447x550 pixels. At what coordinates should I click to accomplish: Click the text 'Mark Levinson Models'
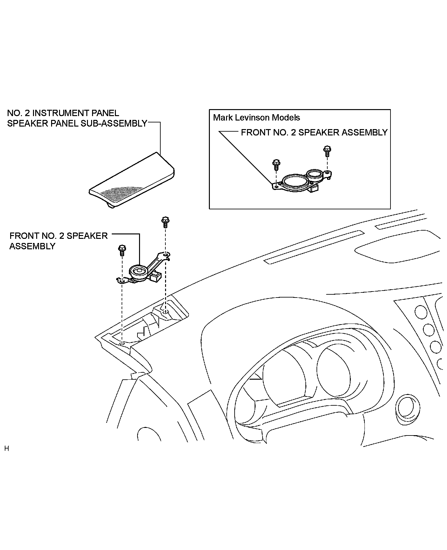257,118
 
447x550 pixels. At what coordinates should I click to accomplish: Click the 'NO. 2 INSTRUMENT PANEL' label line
63,113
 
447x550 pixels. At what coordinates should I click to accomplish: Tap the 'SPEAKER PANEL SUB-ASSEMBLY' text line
77,123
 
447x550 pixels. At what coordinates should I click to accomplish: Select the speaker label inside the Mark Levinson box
314,132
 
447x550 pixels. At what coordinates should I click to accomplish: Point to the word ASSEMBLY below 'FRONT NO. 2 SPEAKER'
32,246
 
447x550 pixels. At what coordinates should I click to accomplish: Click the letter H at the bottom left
7,449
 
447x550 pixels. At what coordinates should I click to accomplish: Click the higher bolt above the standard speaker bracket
165,222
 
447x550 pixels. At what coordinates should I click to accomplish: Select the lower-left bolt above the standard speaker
122,250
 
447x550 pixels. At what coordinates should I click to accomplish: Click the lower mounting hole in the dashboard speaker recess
122,344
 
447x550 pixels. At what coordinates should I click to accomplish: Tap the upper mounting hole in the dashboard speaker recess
165,312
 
